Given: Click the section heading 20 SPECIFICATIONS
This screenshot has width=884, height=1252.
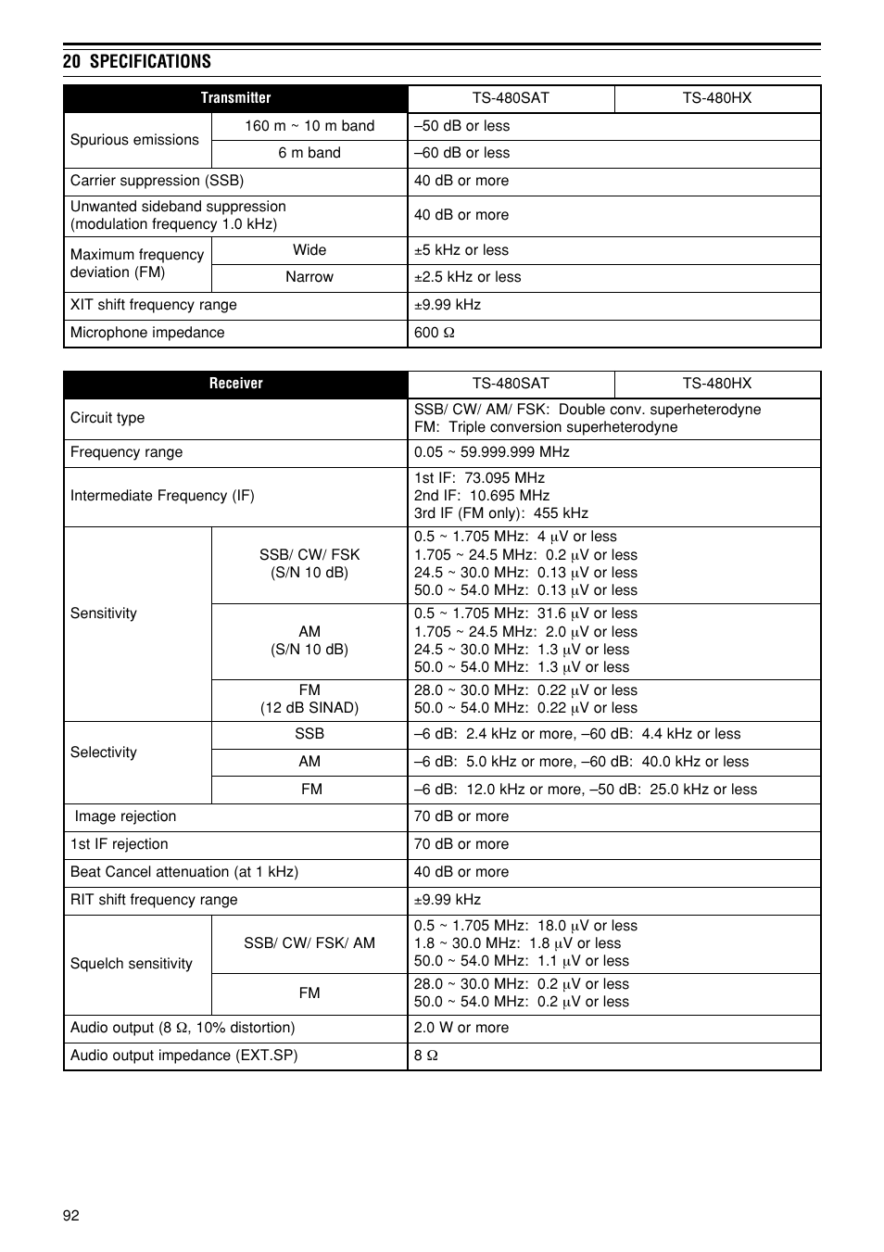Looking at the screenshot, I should point(137,61).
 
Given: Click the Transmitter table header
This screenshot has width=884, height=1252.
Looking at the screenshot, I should point(235,98).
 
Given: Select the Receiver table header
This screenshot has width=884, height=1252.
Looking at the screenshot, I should point(235,384).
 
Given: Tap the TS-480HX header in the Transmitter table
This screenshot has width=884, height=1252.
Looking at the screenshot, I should point(716,98).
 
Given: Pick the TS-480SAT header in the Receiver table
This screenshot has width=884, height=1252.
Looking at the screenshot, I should point(511,384).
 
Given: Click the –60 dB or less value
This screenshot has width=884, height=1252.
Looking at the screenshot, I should point(461,153).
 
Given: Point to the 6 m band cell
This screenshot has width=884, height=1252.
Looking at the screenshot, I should point(309,153).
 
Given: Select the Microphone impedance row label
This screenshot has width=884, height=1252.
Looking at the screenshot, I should point(147,333).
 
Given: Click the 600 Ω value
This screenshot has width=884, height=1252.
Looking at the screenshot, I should point(435,333).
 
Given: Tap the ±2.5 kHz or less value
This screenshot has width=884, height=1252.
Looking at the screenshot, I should point(467,277).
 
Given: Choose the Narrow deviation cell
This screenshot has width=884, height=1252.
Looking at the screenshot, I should point(309,277).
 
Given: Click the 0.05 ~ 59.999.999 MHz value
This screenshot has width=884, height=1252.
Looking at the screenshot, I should point(492,452).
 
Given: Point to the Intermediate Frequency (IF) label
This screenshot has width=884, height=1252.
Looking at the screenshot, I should point(162,496).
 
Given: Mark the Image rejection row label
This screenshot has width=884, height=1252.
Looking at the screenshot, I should point(125,816).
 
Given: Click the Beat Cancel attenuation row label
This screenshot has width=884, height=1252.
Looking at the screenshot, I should point(184,872).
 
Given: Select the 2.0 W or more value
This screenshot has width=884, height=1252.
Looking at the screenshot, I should point(461,1028).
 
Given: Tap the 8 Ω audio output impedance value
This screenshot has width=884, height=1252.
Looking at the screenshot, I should point(426,1056).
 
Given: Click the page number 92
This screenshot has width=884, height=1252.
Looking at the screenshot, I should point(71,1216).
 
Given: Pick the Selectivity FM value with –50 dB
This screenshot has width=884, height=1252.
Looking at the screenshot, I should point(586,790).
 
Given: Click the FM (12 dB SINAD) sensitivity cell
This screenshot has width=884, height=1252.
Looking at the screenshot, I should point(309,700).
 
